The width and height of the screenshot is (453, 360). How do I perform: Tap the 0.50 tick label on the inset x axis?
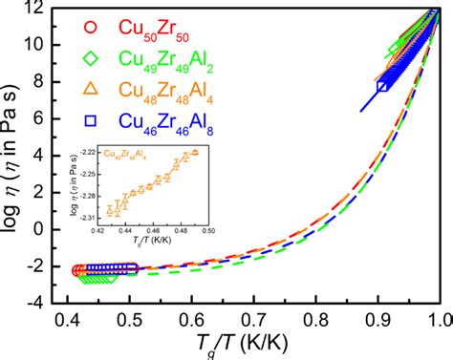pyautogui.click(x=207, y=230)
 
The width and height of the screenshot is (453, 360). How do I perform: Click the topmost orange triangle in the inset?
pyautogui.click(x=195, y=152)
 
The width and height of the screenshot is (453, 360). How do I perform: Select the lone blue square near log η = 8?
pyautogui.click(x=382, y=87)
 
